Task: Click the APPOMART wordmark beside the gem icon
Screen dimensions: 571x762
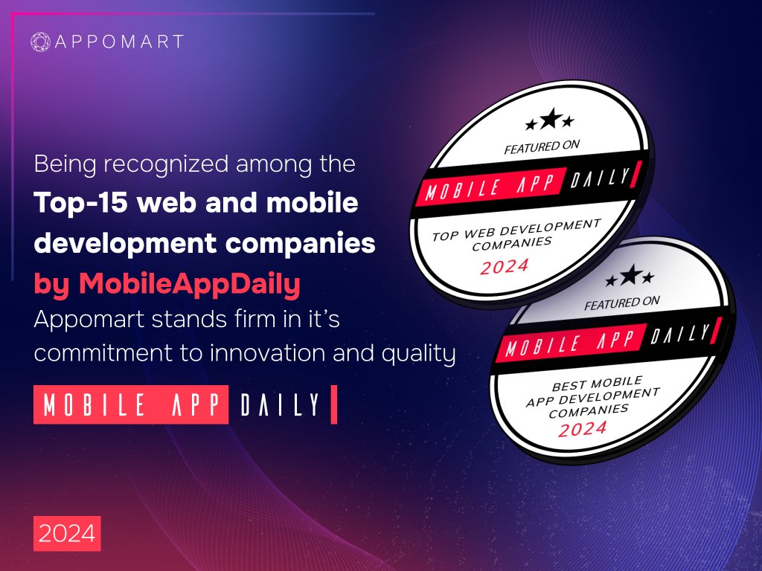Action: tap(118, 42)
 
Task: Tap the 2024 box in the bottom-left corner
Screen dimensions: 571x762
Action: tap(67, 533)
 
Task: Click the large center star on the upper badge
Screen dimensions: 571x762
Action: tap(550, 118)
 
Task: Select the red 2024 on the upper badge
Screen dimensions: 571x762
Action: tap(504, 265)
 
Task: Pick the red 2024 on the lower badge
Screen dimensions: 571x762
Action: tap(583, 428)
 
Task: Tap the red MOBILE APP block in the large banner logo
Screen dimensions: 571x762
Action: tap(131, 404)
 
